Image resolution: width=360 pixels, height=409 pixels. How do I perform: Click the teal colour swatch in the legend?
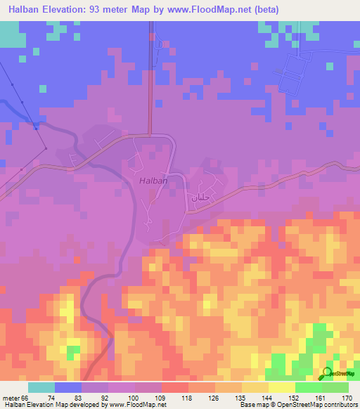pos(41,387)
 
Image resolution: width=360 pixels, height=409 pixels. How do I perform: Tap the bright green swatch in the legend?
pos(309,387)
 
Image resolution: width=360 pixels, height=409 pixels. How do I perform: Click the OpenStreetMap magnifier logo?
pos(328,373)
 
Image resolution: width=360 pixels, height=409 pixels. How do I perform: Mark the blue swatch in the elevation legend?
pos(68,387)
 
